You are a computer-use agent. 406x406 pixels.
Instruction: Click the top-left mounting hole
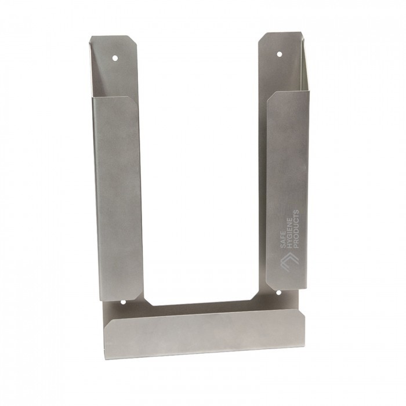pyautogui.click(x=115, y=58)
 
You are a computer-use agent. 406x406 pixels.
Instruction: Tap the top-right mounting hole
pyautogui.click(x=279, y=54)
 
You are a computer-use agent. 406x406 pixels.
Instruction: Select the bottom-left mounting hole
pyautogui.click(x=123, y=302)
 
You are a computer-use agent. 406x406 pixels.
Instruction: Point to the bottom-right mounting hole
pyautogui.click(x=279, y=293)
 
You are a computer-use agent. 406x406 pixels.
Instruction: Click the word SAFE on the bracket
pyautogui.click(x=284, y=240)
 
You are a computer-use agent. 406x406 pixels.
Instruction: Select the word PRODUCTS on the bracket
pyautogui.click(x=297, y=229)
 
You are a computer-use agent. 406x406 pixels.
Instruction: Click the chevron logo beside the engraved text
pyautogui.click(x=290, y=263)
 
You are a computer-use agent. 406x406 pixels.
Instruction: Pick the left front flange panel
pyautogui.click(x=117, y=198)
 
